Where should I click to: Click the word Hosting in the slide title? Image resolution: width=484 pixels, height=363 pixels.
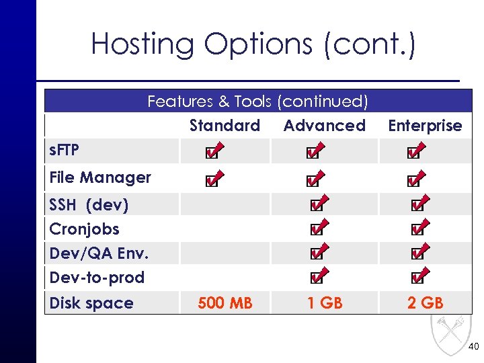[143, 44]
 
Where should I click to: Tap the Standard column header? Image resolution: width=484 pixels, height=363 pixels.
[225, 126]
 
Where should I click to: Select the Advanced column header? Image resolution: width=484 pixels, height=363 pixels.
[324, 126]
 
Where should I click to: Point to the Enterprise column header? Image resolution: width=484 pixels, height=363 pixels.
[425, 126]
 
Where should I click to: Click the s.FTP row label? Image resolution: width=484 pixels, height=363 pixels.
[65, 151]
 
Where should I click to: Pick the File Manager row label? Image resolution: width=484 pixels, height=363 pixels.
[100, 177]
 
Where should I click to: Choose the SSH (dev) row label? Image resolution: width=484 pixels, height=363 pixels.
[89, 204]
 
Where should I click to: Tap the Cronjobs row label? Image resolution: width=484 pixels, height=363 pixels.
[84, 229]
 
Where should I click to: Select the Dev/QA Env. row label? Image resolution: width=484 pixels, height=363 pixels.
[99, 253]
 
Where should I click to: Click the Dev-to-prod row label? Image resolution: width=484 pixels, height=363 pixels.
[97, 277]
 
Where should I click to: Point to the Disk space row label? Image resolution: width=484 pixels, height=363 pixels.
[91, 303]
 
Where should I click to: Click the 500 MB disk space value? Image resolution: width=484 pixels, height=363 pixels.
[225, 303]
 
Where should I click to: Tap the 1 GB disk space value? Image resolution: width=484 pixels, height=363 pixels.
[325, 303]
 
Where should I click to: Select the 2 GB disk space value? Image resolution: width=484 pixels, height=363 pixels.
[425, 303]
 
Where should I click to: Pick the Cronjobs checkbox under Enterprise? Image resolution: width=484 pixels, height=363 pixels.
[417, 229]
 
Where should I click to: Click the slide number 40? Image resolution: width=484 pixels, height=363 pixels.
[473, 347]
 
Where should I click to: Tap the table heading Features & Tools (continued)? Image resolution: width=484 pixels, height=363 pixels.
[257, 102]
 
